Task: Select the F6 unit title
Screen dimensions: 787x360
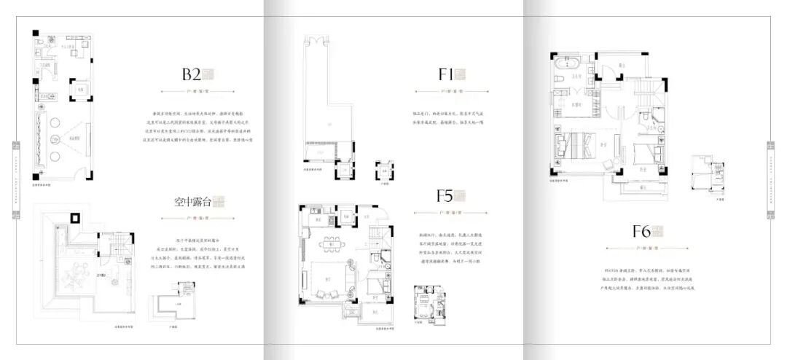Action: pos(641,232)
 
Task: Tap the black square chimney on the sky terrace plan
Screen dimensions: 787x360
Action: pos(74,217)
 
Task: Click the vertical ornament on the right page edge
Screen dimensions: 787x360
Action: pos(771,179)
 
